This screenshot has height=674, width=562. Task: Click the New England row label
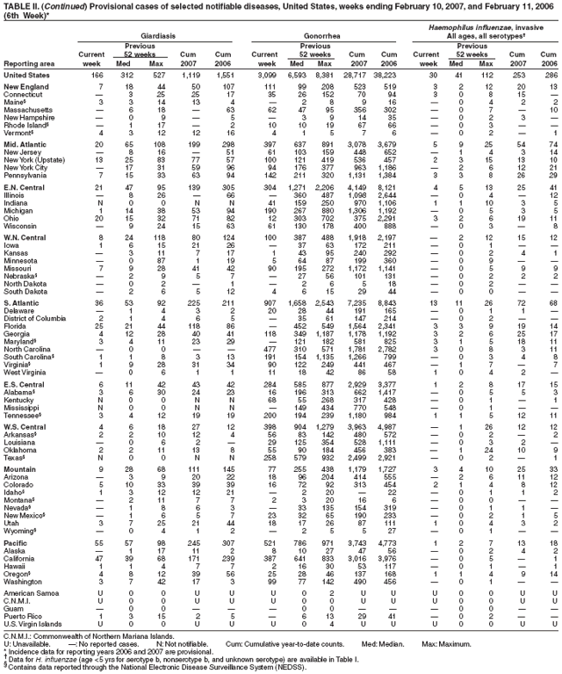click(27, 89)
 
